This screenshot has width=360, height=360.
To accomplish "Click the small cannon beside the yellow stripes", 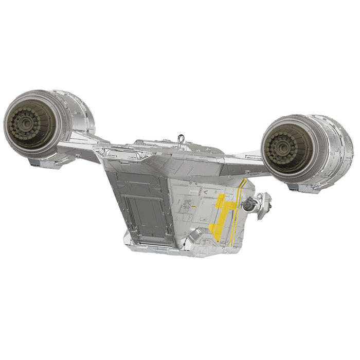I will coord(250,205).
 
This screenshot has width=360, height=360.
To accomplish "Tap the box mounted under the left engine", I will coord(39,161).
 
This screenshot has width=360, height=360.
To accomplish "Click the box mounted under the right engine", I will coord(298,187).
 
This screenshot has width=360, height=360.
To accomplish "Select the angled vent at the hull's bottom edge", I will coord(194,236).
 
